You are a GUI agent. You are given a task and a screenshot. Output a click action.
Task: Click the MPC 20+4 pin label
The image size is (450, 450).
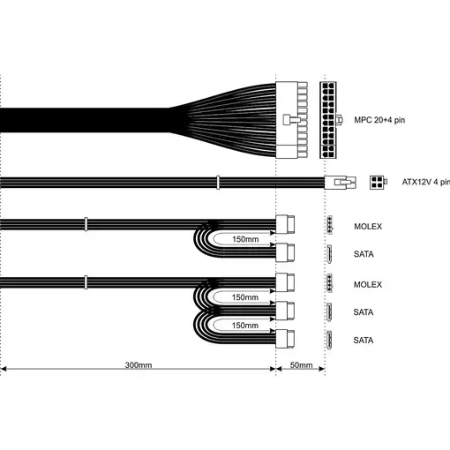[x=379, y=120]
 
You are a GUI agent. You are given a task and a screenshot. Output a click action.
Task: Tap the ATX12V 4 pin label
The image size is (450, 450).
[x=426, y=182]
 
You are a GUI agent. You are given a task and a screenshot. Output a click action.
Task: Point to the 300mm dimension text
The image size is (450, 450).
[x=139, y=365]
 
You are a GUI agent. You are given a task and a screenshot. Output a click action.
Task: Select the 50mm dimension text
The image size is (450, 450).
[x=301, y=365]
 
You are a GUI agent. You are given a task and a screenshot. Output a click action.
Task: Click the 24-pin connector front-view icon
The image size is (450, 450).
[x=328, y=120]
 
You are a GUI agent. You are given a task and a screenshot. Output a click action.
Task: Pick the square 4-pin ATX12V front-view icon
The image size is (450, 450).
[x=377, y=182]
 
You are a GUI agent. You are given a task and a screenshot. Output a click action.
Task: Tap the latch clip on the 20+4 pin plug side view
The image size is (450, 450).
[x=291, y=120]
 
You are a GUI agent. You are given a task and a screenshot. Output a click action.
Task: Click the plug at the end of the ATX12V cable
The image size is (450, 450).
[x=341, y=183]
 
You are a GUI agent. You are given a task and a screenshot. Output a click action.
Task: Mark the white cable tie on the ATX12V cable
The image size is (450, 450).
[x=218, y=183]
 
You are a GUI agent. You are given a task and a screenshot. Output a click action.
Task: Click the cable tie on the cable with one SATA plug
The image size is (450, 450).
[x=86, y=224]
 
